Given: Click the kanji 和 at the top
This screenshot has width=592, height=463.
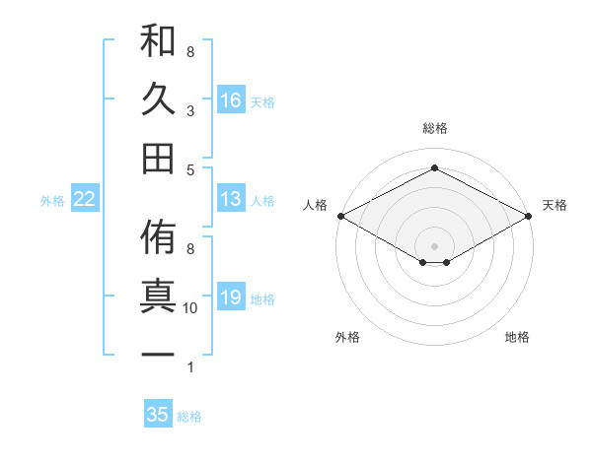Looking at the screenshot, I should click(x=158, y=42).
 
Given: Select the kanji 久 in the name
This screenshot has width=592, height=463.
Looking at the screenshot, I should click(x=158, y=99).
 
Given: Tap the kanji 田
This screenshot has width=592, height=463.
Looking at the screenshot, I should click(x=158, y=158).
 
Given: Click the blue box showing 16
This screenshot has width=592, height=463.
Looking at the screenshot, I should click(x=231, y=99).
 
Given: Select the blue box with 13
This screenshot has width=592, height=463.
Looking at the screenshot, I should click(x=231, y=199).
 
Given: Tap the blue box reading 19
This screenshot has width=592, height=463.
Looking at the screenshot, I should click(x=231, y=297).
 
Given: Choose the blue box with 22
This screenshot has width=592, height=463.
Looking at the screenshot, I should click(x=85, y=199).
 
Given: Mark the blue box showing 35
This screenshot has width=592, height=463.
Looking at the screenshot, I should click(x=158, y=415).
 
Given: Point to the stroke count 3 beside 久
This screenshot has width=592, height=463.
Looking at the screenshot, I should click(x=190, y=110).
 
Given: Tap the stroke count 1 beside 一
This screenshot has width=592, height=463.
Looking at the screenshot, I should click(x=190, y=367).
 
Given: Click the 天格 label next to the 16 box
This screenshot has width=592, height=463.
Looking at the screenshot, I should click(x=262, y=101).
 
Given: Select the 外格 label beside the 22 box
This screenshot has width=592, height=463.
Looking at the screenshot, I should click(x=52, y=201).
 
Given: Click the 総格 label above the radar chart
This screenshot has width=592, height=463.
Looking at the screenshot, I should click(x=434, y=128).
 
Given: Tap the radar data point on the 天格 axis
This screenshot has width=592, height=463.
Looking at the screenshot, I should click(x=529, y=216).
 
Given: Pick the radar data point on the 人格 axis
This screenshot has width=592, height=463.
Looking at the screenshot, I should click(x=339, y=216).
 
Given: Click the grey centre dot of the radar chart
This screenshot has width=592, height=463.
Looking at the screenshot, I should click(x=434, y=244).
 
